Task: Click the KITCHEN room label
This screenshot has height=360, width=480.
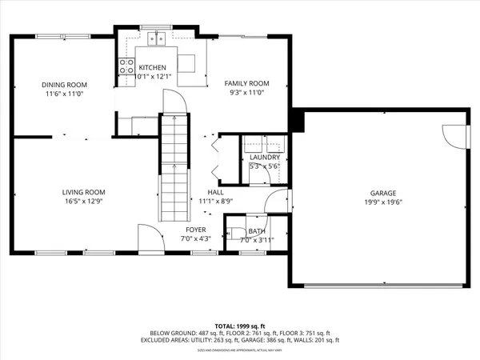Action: click(x=152, y=67)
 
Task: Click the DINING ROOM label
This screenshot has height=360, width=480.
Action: click(x=64, y=84)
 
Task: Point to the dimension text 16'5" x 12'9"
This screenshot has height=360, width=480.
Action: click(x=84, y=202)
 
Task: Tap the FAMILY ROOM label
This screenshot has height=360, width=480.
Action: click(x=246, y=83)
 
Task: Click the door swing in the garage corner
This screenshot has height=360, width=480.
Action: click(x=452, y=136)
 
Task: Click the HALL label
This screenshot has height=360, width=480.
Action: click(x=215, y=192)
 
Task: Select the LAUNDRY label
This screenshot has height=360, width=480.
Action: click(x=264, y=158)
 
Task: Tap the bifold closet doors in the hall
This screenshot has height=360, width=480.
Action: click(x=214, y=156)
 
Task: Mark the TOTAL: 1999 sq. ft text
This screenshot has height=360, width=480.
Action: click(x=239, y=326)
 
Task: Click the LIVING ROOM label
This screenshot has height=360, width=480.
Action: click(x=84, y=192)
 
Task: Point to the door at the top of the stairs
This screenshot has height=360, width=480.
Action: click(x=175, y=102)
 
